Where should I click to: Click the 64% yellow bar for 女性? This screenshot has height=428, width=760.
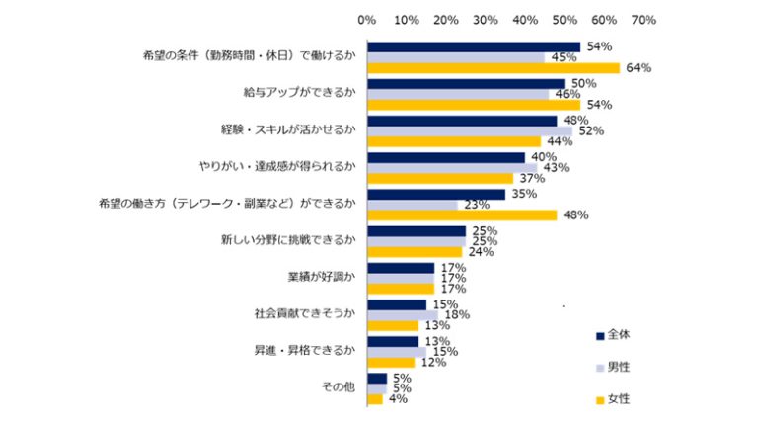tap(494, 68)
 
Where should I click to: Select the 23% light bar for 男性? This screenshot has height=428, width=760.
tap(413, 206)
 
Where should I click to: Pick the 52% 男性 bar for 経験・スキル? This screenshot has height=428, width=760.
tap(470, 131)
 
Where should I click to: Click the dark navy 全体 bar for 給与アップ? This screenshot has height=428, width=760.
tap(466, 84)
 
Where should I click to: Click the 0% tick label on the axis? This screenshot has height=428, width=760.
tap(366, 20)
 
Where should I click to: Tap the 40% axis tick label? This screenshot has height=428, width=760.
tap(524, 20)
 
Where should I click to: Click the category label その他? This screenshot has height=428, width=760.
tap(340, 387)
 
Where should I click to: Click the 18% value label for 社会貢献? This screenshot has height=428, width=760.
tap(457, 315)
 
